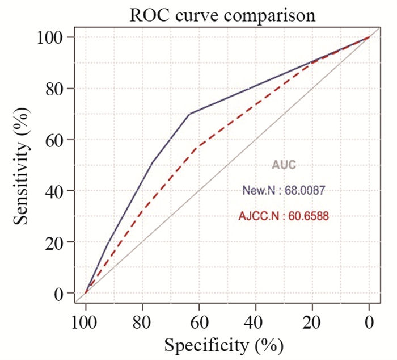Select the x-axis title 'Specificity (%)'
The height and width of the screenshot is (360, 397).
click(223, 344)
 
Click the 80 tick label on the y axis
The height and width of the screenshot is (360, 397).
click(54, 89)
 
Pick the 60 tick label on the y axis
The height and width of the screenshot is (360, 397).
click(54, 140)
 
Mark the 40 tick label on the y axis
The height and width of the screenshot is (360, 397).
click(54, 191)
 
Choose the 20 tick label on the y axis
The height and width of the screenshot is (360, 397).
click(54, 242)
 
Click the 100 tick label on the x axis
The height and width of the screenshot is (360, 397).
click(86, 321)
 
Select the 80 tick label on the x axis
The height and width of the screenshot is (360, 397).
click(142, 321)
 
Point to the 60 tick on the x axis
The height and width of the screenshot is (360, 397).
click(199, 321)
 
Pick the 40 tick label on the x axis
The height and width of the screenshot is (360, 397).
click(256, 321)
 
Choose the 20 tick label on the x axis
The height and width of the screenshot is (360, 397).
click(312, 321)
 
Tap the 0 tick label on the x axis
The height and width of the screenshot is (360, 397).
click(369, 321)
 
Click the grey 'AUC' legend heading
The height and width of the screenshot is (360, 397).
click(284, 165)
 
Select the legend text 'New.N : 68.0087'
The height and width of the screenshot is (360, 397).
click(284, 191)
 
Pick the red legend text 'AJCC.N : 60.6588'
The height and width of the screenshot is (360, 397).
click(284, 216)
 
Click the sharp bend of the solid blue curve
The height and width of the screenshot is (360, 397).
click(189, 114)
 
